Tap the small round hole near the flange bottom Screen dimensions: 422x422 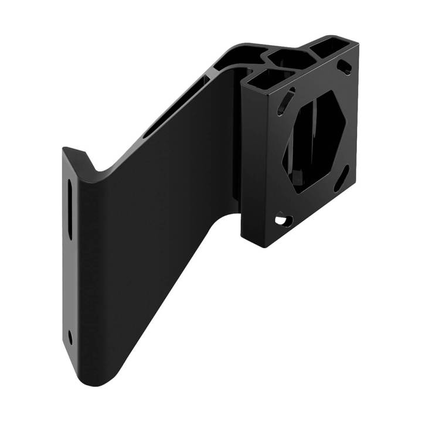(x=70, y=337)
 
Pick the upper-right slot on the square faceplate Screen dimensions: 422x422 (x=346, y=66)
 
